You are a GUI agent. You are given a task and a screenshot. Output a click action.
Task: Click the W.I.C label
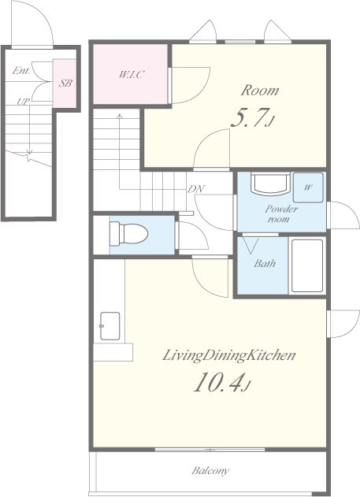(132, 75)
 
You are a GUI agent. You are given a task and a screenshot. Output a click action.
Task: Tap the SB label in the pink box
(65, 83)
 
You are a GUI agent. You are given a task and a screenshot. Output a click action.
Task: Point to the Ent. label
(21, 70)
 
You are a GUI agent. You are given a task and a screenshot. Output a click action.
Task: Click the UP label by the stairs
(24, 102)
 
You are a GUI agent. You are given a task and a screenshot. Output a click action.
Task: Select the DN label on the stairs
(196, 189)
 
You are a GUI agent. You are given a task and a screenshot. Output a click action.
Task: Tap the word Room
(260, 91)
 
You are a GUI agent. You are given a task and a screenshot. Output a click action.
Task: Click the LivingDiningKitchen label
(228, 355)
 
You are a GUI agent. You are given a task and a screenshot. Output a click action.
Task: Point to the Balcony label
(210, 470)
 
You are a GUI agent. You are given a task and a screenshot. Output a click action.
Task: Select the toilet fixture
(128, 234)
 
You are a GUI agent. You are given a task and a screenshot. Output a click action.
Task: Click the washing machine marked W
(308, 187)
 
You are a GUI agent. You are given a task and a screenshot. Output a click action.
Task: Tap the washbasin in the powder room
(270, 183)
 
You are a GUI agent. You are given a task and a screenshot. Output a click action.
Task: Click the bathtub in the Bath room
(307, 265)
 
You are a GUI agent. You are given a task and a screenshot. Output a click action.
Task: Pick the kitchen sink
(110, 326)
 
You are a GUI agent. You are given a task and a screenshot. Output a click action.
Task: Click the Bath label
(265, 263)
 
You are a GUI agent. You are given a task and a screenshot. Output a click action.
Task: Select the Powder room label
(281, 214)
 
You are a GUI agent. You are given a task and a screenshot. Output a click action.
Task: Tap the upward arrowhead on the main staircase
(120, 117)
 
